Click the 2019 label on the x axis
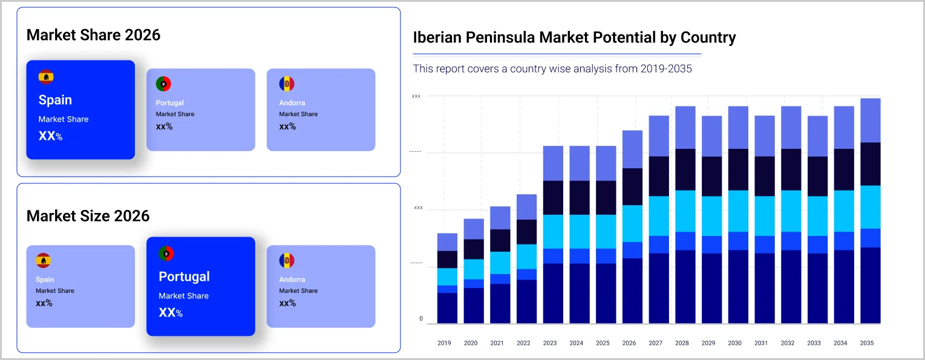pyautogui.click(x=444, y=343)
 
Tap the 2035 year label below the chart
pyautogui.click(x=867, y=343)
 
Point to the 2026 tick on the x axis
pyautogui.click(x=629, y=343)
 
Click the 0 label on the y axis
pyautogui.click(x=421, y=319)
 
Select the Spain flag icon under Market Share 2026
pyautogui.click(x=46, y=77)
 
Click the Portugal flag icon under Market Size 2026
pyautogui.click(x=166, y=253)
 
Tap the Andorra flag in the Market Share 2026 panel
pyautogui.click(x=287, y=84)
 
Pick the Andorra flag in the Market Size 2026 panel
pyautogui.click(x=287, y=261)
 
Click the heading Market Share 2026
pyautogui.click(x=93, y=34)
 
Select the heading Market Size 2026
pyautogui.click(x=88, y=216)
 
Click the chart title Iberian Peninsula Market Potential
pyautogui.click(x=574, y=38)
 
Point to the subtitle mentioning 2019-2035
pyautogui.click(x=552, y=69)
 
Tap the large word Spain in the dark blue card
pyautogui.click(x=55, y=100)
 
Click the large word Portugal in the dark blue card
pyautogui.click(x=184, y=277)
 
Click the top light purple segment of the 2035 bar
pyautogui.click(x=867, y=120)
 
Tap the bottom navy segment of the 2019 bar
pyautogui.click(x=447, y=308)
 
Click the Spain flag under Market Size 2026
pyautogui.click(x=43, y=261)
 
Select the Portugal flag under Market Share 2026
pyautogui.click(x=163, y=84)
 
